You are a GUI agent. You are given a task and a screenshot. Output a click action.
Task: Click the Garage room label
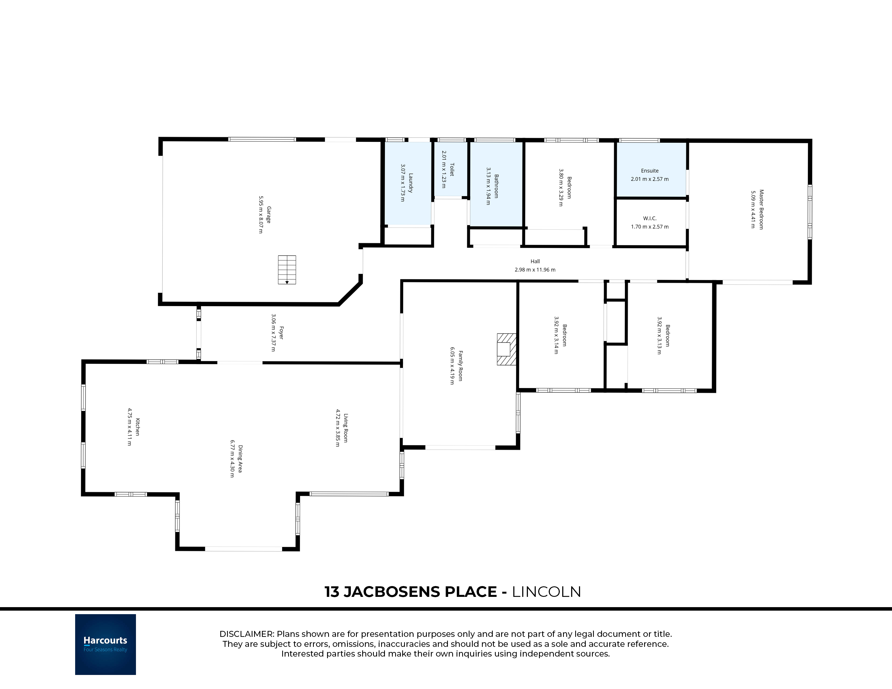269,215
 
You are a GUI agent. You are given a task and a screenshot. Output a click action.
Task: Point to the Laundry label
411,183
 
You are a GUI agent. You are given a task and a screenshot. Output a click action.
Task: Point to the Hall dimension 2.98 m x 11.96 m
535,270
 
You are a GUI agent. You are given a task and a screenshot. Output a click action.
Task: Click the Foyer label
281,333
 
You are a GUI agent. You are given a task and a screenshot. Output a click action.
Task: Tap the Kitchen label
138,427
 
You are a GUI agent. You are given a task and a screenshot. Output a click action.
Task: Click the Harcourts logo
105,644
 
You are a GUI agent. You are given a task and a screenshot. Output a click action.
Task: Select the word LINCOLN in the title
547,592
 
